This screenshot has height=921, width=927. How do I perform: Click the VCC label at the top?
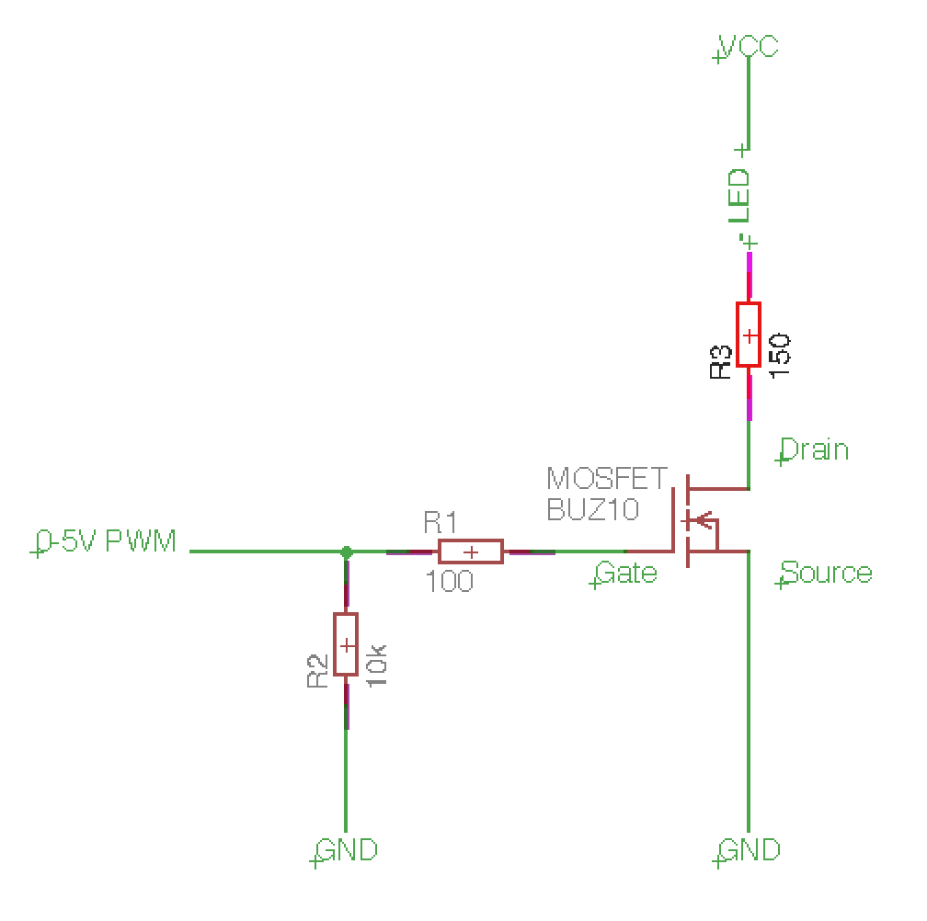coord(749,46)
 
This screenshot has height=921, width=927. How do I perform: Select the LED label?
coord(739,196)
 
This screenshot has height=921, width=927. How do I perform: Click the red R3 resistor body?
coord(749,335)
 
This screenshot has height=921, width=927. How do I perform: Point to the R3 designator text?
coord(721,361)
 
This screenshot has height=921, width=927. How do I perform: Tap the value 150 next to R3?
coord(779,355)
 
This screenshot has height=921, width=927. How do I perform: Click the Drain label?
coord(815,449)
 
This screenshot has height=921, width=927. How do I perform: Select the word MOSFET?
coord(607,479)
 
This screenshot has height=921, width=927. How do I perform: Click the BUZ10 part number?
coord(593,509)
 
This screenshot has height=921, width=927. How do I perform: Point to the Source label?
coord(827,573)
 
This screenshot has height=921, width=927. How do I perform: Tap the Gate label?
coord(626,573)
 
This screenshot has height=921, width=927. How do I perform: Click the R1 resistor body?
coord(471,551)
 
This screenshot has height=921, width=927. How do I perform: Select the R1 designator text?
coord(441,523)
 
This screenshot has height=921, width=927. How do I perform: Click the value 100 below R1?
coord(450,581)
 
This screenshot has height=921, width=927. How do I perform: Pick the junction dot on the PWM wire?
coord(347,552)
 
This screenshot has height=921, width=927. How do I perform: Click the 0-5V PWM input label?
coord(107,540)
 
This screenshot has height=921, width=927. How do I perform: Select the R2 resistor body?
coord(346,644)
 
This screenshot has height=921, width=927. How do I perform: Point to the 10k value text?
coord(377,665)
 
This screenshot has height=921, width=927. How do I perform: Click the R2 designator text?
coord(317,671)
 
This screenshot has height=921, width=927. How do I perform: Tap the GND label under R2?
coord(347,850)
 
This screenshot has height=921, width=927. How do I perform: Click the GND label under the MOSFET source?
coord(750,850)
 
